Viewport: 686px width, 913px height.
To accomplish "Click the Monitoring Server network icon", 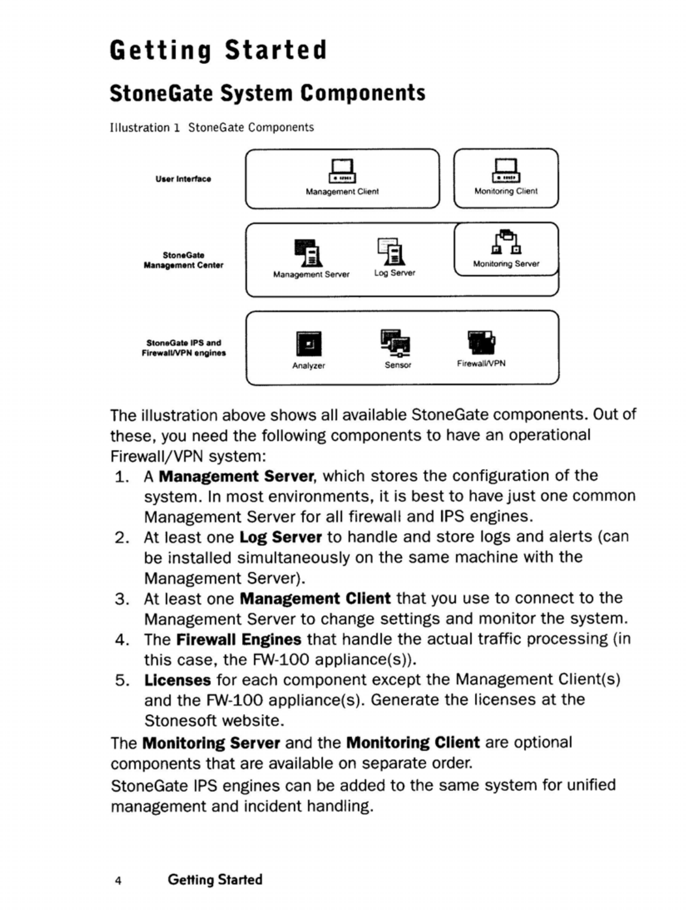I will coord(506,243).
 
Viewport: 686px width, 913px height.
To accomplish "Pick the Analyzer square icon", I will coord(308,344).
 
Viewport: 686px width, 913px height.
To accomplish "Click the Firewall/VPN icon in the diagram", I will coord(481,342).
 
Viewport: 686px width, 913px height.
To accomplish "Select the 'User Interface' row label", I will coord(183,179).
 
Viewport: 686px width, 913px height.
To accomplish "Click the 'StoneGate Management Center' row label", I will coord(183,260).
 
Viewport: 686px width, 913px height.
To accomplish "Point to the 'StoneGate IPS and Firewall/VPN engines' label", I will coord(183,348).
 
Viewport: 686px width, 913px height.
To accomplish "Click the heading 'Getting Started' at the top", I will coord(218,50).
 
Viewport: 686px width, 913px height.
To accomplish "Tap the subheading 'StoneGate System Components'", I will coord(267,93).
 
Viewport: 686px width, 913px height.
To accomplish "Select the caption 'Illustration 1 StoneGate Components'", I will coord(212,127).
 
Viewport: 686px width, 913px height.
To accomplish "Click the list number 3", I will coord(121,599).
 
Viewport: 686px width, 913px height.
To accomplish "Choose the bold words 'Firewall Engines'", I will coord(239,640).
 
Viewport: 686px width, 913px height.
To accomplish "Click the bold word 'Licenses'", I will coord(178,680).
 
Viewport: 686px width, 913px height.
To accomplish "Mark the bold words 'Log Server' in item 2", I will coord(280,537).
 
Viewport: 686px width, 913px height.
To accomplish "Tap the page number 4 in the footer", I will coord(118,881).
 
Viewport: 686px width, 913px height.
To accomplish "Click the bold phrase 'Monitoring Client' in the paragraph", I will coord(413,742).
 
